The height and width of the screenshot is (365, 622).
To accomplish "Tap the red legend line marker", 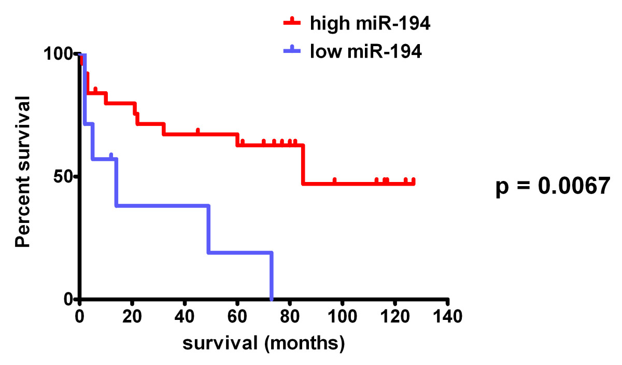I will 294,22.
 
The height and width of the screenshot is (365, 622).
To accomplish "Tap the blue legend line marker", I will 294,51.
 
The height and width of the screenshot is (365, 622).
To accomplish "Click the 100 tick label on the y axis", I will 62,54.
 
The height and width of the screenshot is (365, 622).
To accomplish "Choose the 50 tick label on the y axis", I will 66,177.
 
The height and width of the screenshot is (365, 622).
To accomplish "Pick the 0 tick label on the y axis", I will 71,300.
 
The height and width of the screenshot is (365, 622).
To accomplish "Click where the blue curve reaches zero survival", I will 272,299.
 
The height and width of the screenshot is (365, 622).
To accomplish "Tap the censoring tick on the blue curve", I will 111,155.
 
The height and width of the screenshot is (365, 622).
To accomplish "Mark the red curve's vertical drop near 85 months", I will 303,164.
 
